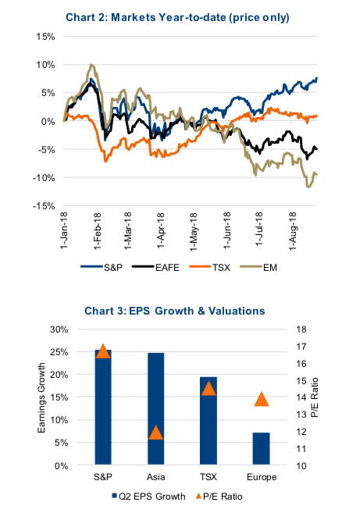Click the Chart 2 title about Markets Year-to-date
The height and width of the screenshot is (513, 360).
point(177,17)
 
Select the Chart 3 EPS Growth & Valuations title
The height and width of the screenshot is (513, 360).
point(174,311)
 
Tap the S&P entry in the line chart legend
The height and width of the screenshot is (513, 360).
point(102,267)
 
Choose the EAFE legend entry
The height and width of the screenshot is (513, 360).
point(155,267)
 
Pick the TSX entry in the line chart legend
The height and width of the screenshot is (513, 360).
point(210,267)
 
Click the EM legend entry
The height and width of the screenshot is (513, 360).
point(258,267)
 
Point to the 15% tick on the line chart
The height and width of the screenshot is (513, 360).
point(45,37)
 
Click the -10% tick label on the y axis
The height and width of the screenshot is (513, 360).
point(44,178)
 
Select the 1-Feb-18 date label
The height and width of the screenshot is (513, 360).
point(98,230)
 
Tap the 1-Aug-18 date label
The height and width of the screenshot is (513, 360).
point(293,231)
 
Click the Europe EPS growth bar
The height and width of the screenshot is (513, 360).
point(261,448)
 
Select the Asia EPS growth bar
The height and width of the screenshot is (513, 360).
point(155,408)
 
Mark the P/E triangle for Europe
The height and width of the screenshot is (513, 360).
point(261,400)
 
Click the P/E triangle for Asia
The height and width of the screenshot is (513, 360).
point(155,433)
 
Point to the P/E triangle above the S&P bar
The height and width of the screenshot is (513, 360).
point(103,351)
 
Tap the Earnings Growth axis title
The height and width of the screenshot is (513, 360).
point(41,398)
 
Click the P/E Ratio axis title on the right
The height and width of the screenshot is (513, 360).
point(315,397)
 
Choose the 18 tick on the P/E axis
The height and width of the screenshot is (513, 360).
point(301,330)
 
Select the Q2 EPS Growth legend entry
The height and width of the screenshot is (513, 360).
point(148,497)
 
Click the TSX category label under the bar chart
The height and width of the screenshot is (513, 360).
point(209,476)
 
